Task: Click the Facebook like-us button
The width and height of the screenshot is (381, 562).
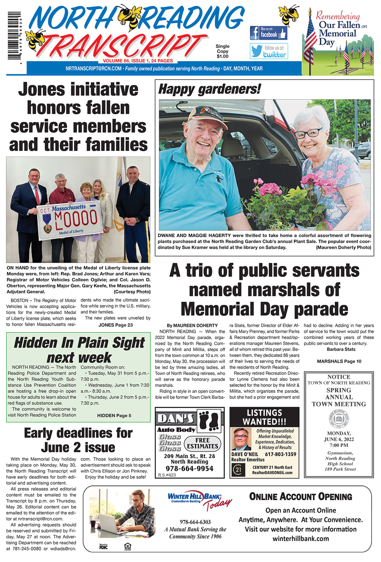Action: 268,33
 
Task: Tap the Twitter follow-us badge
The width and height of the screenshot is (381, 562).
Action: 269,51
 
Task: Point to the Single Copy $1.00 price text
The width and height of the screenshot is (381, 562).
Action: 222,51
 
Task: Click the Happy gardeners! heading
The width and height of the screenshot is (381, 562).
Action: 209,89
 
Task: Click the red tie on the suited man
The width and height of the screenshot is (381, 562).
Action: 37,195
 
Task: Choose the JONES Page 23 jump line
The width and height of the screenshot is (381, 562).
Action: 115,325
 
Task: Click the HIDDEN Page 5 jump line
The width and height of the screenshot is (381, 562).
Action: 114,416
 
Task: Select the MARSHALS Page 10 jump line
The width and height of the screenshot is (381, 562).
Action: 339,361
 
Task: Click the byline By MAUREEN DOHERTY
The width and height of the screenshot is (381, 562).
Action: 192,325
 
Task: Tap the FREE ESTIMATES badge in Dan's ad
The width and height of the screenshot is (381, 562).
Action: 203,443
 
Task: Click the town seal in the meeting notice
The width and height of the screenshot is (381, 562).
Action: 339,419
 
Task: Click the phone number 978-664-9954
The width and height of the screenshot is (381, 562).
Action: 189,469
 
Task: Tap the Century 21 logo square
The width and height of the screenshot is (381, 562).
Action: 238,470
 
